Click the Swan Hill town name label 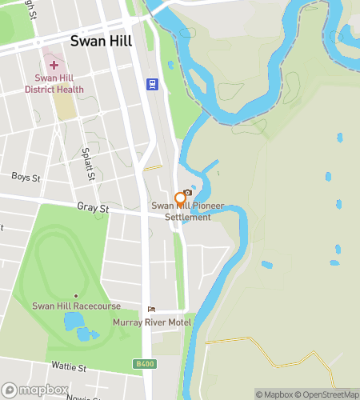[102, 41]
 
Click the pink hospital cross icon [54, 65]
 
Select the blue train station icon [150, 83]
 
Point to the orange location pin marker [180, 199]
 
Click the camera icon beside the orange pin [188, 193]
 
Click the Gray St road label [93, 207]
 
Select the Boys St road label [26, 176]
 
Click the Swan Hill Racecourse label [76, 306]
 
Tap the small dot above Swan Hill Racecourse [76, 296]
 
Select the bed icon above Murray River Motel [151, 310]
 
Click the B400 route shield [142, 364]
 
